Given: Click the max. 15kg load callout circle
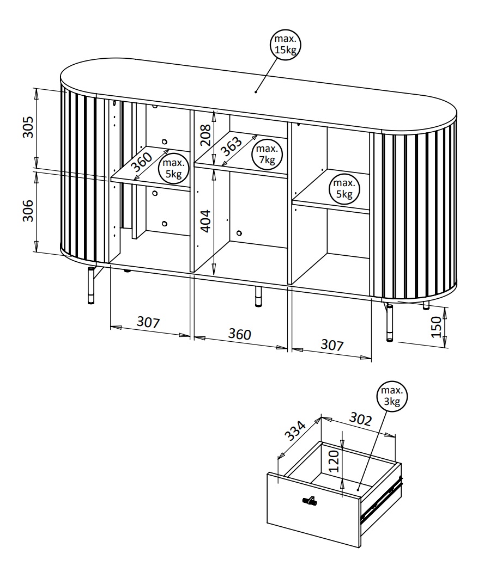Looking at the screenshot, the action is (286, 45).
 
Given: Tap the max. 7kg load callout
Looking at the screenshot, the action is (267, 154).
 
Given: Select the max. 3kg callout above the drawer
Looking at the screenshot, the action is (392, 396).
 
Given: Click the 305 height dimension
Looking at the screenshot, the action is (28, 127).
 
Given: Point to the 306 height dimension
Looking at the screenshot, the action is (28, 211).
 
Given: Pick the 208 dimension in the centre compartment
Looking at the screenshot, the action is (205, 134).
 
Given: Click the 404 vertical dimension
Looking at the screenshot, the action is (205, 221).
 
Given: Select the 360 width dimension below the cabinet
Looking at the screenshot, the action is (240, 334).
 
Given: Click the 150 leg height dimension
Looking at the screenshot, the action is (437, 327).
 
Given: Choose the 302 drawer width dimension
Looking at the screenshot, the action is (360, 419).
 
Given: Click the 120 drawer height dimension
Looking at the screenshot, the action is (334, 461).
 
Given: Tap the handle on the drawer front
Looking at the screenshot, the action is (310, 500).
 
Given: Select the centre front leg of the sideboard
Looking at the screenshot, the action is (258, 297).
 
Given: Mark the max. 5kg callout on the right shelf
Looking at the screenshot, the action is (344, 189).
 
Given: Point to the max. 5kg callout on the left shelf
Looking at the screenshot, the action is (173, 169).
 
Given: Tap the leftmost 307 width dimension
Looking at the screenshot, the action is (148, 322).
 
